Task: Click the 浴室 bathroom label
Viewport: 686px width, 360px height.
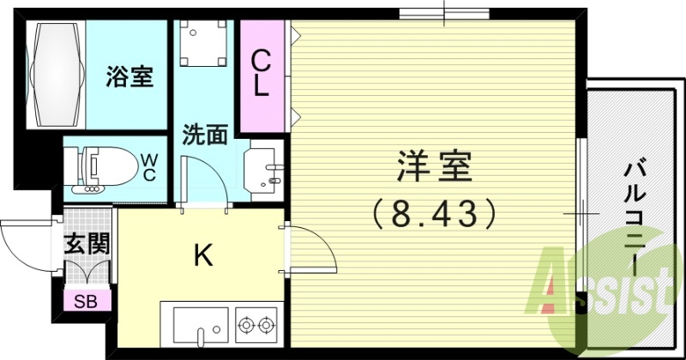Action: click(129, 78)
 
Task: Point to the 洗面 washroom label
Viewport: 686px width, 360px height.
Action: click(205, 135)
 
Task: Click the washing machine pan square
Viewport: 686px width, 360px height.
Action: click(205, 43)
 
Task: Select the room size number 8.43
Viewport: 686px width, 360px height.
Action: click(434, 213)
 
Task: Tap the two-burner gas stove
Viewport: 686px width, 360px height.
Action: click(255, 324)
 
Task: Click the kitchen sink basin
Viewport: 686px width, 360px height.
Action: click(200, 325)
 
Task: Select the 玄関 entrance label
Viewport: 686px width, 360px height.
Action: click(87, 244)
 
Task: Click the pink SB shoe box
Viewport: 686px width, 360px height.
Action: click(85, 301)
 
